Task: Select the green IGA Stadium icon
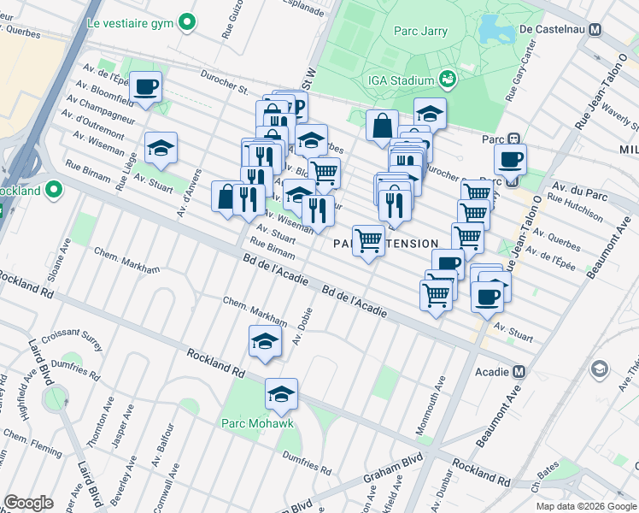[x=446, y=80]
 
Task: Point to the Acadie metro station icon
[x=519, y=371]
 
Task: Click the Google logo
[x=28, y=502]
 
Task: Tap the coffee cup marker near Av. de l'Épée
[x=145, y=87]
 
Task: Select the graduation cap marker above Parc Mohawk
[x=281, y=395]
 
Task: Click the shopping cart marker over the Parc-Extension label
[x=368, y=241]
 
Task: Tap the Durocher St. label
[x=225, y=81]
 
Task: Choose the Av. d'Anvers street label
[x=188, y=172]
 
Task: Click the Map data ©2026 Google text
[x=585, y=506]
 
